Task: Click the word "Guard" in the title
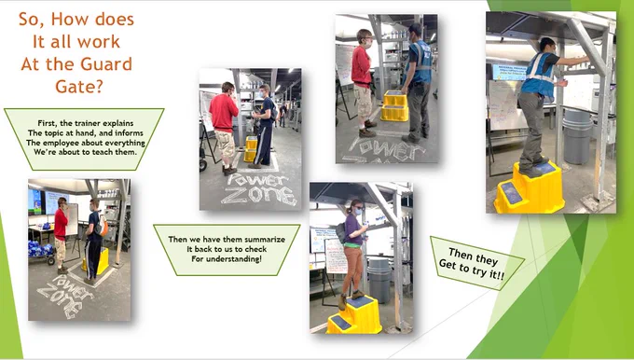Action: [x=106, y=64]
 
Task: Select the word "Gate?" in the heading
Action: [x=79, y=87]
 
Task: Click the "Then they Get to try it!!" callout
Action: [x=475, y=263]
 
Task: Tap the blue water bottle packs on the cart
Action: [x=39, y=248]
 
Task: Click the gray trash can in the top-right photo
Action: [x=578, y=136]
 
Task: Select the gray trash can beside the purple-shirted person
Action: [x=379, y=280]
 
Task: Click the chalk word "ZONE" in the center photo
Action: [x=260, y=195]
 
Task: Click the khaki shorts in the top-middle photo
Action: [x=364, y=102]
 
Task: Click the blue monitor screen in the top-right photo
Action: [x=509, y=72]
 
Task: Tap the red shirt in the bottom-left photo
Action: [x=61, y=224]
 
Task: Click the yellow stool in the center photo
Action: [x=251, y=149]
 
